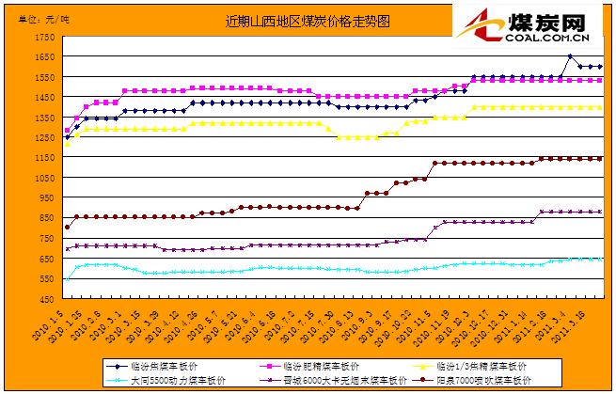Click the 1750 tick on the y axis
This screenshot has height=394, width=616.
click(x=45, y=38)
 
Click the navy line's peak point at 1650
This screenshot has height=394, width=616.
click(x=570, y=57)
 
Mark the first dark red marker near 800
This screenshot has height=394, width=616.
click(x=67, y=227)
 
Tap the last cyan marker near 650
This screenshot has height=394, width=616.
click(x=599, y=259)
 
